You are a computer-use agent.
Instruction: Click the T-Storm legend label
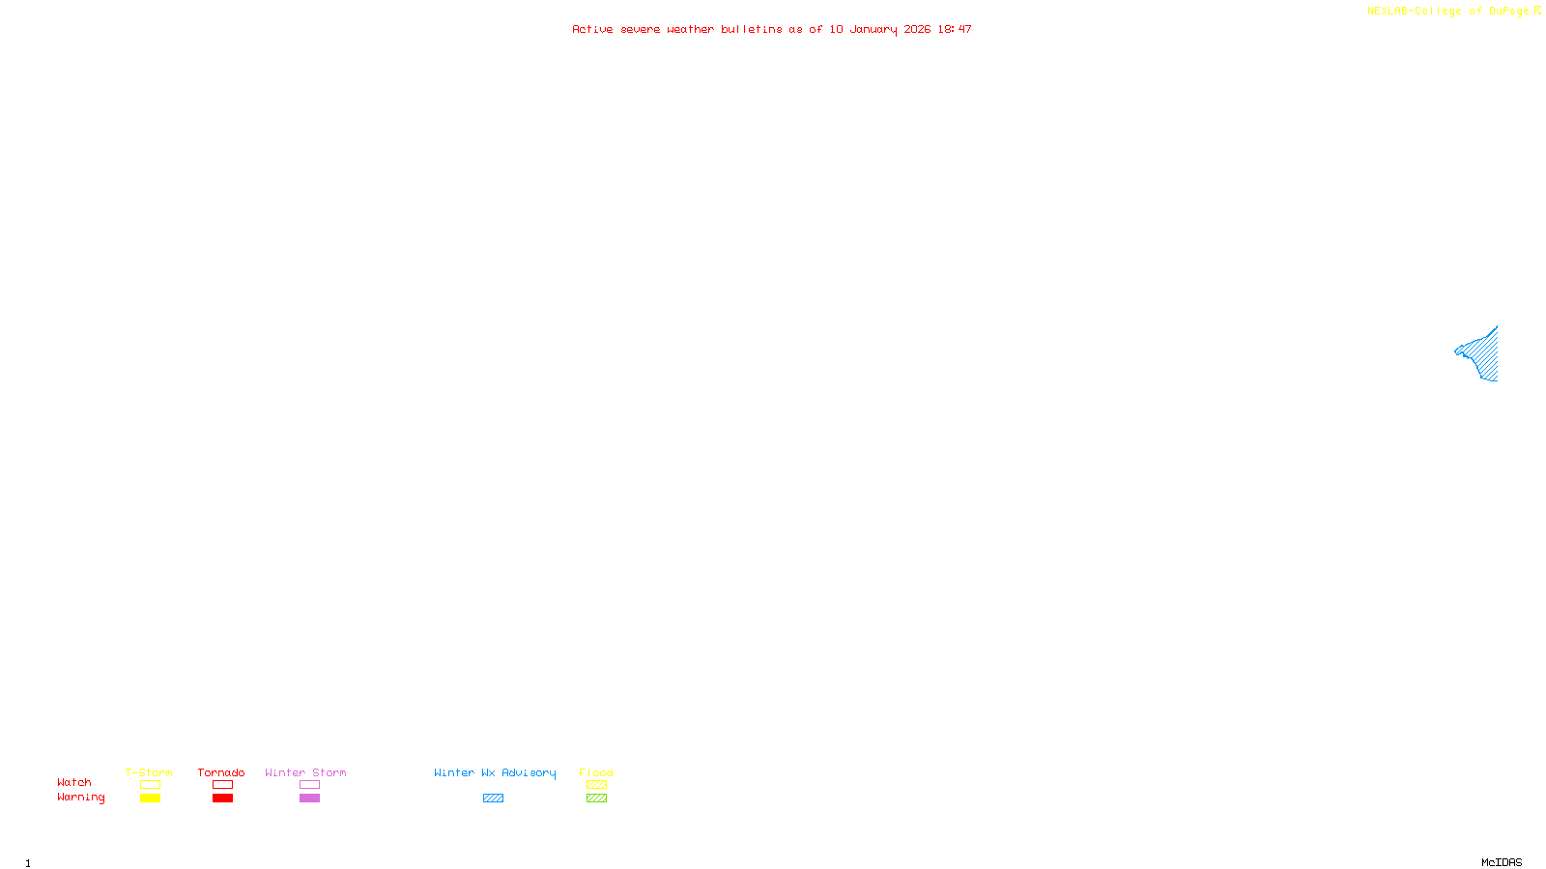pyautogui.click(x=149, y=772)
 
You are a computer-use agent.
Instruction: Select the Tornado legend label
pyautogui.click(x=221, y=772)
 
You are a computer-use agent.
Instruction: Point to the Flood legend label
pyautogui.click(x=596, y=772)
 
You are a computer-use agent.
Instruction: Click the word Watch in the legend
pyautogui.click(x=74, y=782)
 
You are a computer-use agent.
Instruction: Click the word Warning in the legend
pyautogui.click(x=81, y=798)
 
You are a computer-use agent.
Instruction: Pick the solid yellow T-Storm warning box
pyautogui.click(x=150, y=799)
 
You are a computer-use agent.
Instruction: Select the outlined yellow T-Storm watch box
pyautogui.click(x=150, y=785)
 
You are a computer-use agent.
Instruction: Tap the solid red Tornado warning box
pyautogui.click(x=223, y=799)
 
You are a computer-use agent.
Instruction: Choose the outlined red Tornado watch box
pyautogui.click(x=223, y=785)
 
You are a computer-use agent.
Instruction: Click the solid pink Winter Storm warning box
pyautogui.click(x=309, y=799)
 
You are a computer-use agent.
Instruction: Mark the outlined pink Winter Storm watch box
pyautogui.click(x=309, y=785)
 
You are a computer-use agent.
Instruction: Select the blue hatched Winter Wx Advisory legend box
pyautogui.click(x=493, y=799)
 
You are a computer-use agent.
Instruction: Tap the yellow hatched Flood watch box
pyautogui.click(x=596, y=785)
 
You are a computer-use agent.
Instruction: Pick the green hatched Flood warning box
pyautogui.click(x=596, y=799)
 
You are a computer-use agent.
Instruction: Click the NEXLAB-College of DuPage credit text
pyautogui.click(x=1448, y=11)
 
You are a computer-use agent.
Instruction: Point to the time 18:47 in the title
pyautogui.click(x=955, y=29)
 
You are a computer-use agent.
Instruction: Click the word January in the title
pyautogui.click(x=873, y=29)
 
